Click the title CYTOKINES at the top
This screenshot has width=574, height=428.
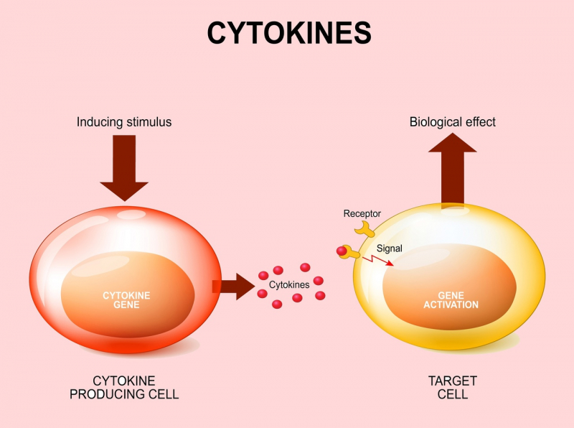tap(289, 33)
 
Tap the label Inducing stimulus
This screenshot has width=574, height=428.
tap(124, 122)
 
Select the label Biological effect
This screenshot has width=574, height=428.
tap(452, 122)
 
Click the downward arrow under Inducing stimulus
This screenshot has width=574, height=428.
tap(124, 169)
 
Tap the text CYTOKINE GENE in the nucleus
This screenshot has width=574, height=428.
tap(126, 300)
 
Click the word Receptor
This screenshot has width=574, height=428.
tap(362, 213)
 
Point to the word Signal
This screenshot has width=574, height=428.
tap(390, 248)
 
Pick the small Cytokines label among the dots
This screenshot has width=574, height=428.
tap(289, 285)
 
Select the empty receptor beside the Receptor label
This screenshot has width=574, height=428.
tap(367, 229)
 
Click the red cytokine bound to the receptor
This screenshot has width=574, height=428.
tap(342, 251)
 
